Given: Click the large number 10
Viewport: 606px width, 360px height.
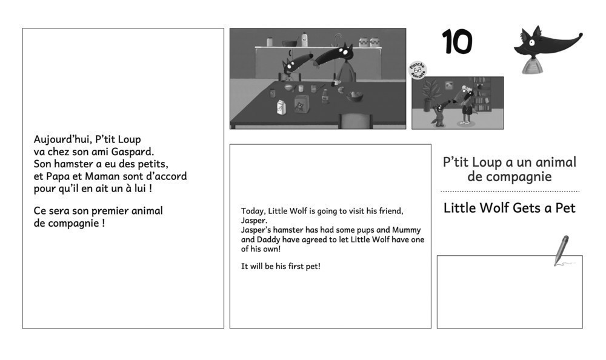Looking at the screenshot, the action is pos(457,41).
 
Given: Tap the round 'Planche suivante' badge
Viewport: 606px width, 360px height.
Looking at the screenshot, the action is pos(418,70).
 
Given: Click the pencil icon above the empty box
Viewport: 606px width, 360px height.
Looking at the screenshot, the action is pos(562,250).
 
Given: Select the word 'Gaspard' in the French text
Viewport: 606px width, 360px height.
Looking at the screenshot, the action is pos(133,152).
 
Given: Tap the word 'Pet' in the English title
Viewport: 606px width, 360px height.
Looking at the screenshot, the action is pos(565,208).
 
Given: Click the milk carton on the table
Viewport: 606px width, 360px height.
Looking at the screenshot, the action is pos(281,107).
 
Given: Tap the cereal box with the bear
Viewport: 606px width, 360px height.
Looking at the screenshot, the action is pos(301,104).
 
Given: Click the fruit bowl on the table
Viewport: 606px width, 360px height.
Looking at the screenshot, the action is pos(354,96).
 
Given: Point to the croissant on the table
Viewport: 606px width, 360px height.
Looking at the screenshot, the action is pos(341,90).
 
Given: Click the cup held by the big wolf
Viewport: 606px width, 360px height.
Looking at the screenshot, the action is pos(336,82).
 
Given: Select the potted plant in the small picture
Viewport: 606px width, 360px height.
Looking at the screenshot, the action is pos(428,95).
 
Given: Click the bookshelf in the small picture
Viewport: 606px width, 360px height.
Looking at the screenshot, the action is pos(482,95).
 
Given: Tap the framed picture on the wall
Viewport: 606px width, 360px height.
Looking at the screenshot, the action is pos(448,85).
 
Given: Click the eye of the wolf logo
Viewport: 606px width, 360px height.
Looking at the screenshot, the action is pos(532,42).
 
